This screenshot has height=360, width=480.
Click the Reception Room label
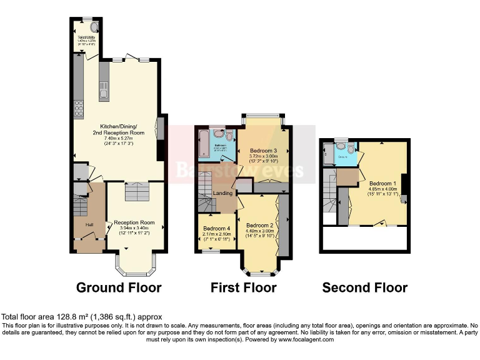[134, 222]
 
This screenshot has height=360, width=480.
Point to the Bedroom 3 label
[263, 151]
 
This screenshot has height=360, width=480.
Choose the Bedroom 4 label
[216, 229]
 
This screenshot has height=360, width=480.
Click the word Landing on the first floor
[222, 193]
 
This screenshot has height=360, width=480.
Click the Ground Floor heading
[119, 287]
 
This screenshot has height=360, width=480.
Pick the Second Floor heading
[365, 287]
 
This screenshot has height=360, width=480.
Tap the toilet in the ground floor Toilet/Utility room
[94, 28]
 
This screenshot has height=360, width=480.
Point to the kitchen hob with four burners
[79, 109]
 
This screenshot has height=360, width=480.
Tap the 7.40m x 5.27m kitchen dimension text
[119, 138]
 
